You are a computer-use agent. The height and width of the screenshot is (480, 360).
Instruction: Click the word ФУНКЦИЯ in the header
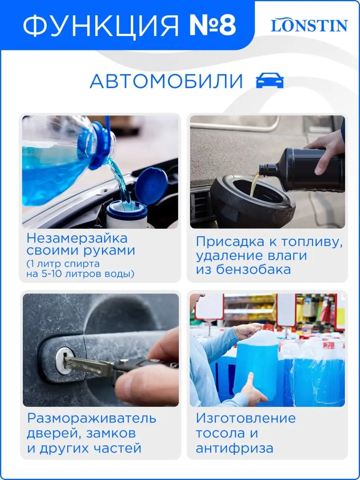pos(101,26)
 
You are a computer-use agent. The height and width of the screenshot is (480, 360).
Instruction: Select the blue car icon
pos(270,80)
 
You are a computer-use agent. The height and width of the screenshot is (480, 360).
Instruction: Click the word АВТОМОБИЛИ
pos(166,81)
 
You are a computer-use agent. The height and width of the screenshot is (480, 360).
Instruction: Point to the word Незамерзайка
pos(77,238)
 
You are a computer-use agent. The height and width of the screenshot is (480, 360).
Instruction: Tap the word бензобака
pos(253,269)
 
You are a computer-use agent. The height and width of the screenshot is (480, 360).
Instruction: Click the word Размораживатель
pos(92,418)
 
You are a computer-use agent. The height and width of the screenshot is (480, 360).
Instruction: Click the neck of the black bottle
pos(268,170)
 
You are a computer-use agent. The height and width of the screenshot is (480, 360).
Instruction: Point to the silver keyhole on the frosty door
pos(64,360)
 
